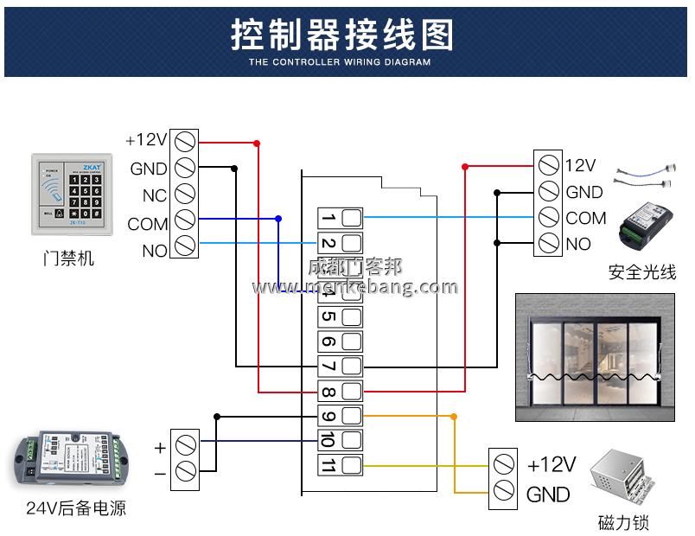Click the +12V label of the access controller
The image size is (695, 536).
pyautogui.click(x=146, y=140)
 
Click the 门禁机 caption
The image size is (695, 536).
pyautogui.click(x=68, y=258)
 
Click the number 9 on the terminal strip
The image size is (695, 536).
pyautogui.click(x=328, y=416)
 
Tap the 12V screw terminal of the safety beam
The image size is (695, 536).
pyautogui.click(x=548, y=164)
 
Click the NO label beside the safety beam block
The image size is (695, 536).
pyautogui.click(x=578, y=245)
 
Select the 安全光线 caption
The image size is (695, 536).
pyautogui.click(x=641, y=272)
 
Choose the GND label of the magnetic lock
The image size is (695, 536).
pyautogui.click(x=548, y=495)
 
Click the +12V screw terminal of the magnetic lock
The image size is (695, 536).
pyautogui.click(x=503, y=464)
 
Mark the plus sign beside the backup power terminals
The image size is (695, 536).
pyautogui.click(x=160, y=448)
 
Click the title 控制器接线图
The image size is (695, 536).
pyautogui.click(x=342, y=35)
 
